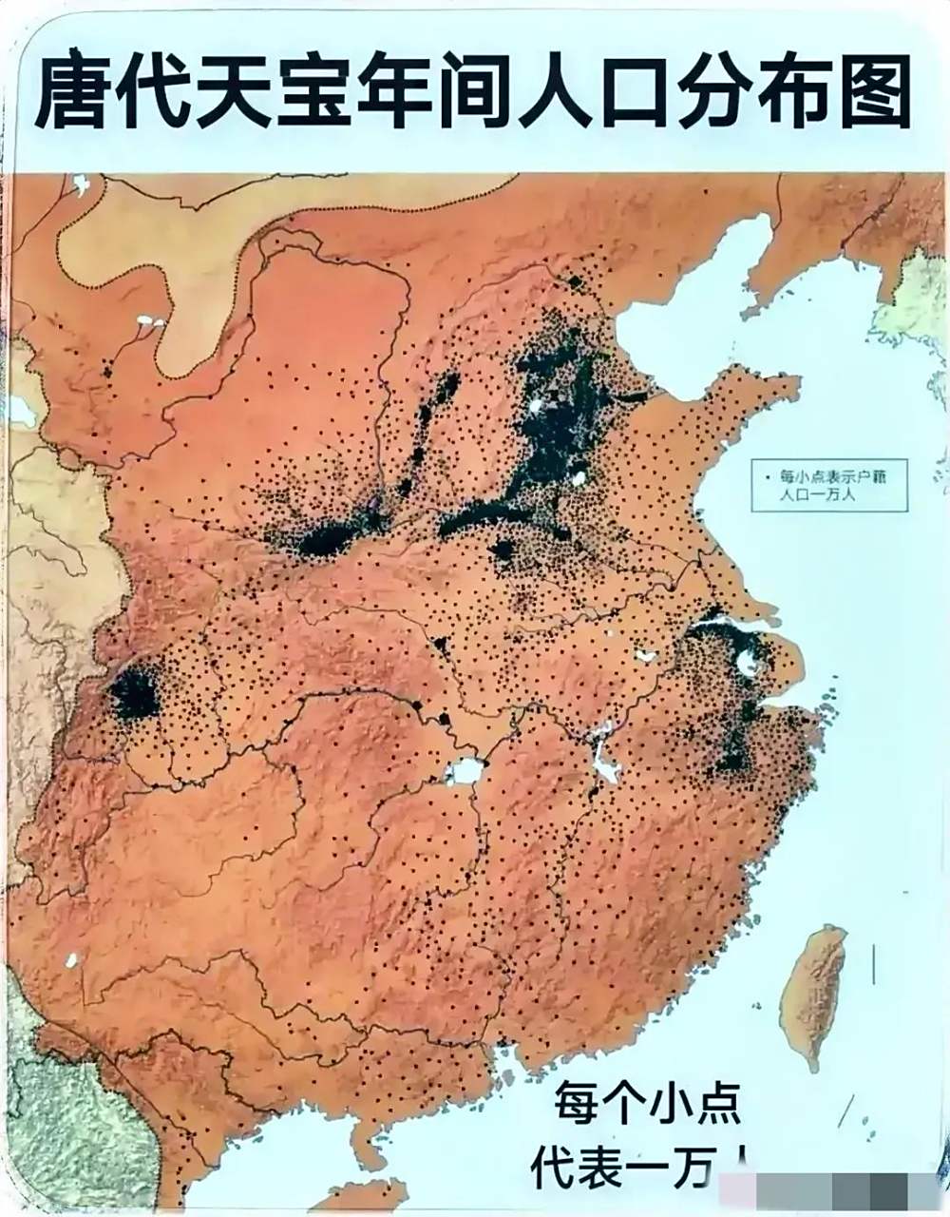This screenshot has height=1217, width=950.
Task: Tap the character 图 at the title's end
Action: [x=869, y=93]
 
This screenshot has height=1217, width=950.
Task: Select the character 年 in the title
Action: [x=395, y=93]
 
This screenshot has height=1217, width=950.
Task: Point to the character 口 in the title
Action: [x=631, y=93]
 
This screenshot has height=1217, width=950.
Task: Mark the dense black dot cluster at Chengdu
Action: [x=134, y=694]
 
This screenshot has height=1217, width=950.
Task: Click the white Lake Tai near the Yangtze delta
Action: [x=749, y=663]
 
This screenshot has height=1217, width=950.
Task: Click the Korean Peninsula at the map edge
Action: [x=912, y=304]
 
